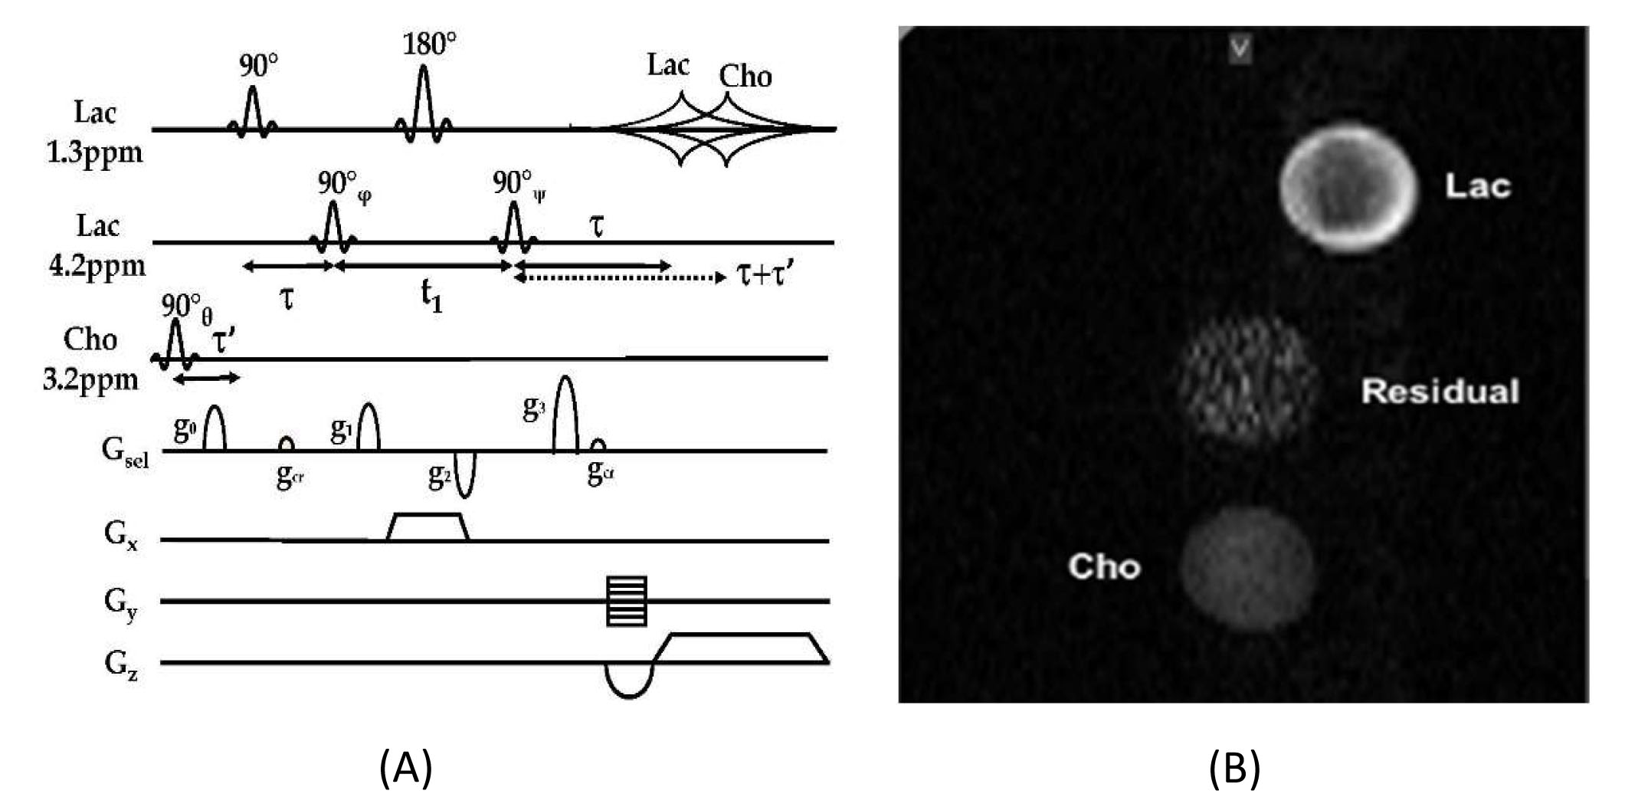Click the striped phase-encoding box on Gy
click(x=627, y=601)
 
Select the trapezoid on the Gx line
click(x=428, y=527)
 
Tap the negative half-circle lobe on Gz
click(x=629, y=681)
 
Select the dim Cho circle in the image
click(x=1246, y=568)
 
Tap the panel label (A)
click(x=405, y=769)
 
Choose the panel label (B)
click(x=1234, y=769)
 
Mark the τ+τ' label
click(x=766, y=274)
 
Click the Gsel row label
click(x=125, y=451)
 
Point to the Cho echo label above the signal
click(x=745, y=76)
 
